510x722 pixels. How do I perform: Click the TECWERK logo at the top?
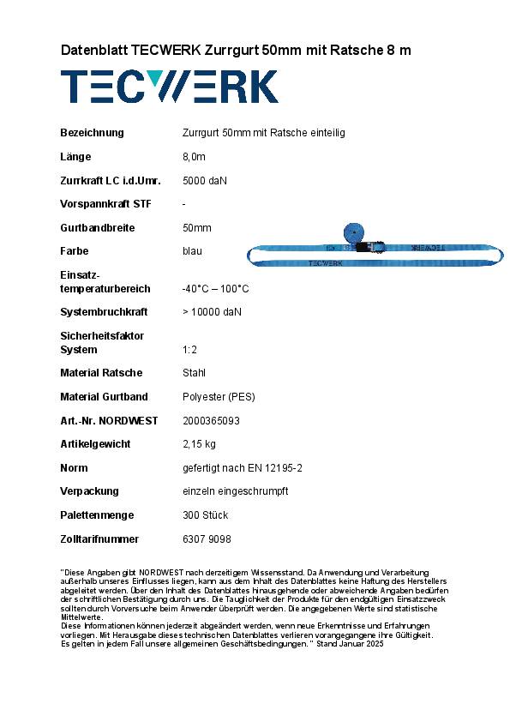tap(169, 87)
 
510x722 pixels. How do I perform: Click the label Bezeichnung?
tap(92, 133)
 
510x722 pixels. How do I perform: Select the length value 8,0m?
tap(195, 157)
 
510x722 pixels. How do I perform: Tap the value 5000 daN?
tap(205, 181)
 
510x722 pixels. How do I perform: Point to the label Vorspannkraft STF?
tap(105, 204)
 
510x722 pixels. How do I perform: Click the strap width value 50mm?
tap(197, 228)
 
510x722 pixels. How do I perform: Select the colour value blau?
tap(193, 251)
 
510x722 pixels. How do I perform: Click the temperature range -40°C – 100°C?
tap(216, 289)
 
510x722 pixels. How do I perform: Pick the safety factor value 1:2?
tap(191, 350)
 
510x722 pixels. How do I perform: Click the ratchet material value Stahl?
tap(195, 373)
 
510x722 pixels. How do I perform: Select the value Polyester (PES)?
tap(219, 397)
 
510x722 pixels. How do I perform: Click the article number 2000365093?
tap(212, 421)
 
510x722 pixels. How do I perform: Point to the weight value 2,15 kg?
tap(199, 444)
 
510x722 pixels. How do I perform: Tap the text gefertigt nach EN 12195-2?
tap(243, 468)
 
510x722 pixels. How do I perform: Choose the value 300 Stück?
tap(205, 515)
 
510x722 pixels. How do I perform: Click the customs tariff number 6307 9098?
tap(207, 539)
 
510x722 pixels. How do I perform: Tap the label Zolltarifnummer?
tap(99, 539)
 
